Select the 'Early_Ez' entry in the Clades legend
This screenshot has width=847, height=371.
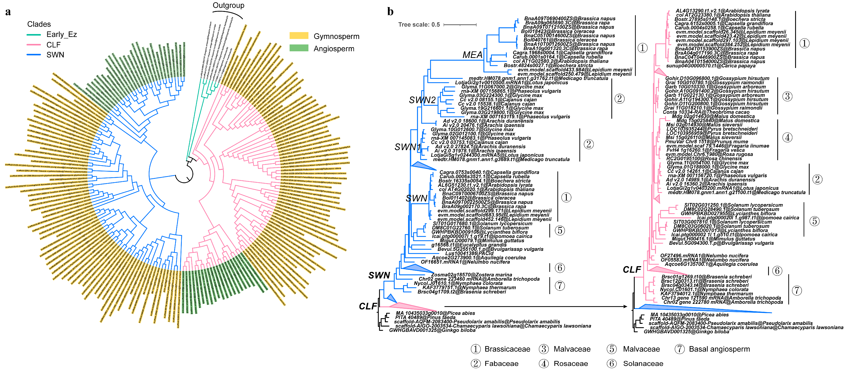(61, 35)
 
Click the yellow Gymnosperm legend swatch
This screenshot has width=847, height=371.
(298, 36)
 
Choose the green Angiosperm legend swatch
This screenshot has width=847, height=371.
(298, 48)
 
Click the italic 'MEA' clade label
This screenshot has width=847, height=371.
(472, 55)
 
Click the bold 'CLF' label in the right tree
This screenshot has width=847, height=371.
(632, 270)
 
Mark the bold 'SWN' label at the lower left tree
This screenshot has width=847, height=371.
(379, 275)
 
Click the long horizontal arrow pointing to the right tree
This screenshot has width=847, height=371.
(536, 307)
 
